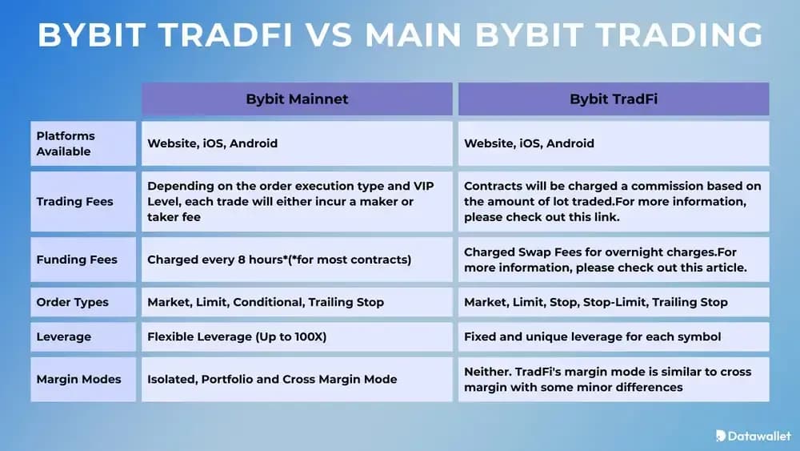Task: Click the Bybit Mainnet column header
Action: click(296, 99)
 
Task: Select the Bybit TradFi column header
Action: click(613, 99)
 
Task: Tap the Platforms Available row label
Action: click(65, 143)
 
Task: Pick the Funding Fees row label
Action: click(76, 260)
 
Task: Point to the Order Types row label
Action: click(72, 302)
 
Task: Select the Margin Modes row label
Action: click(78, 379)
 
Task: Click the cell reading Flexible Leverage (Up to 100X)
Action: click(237, 336)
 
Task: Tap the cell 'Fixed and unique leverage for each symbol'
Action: click(592, 336)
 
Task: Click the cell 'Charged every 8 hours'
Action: click(278, 260)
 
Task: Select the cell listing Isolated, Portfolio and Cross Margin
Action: click(272, 379)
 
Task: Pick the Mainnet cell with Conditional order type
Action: click(266, 302)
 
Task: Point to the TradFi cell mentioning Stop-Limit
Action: click(596, 302)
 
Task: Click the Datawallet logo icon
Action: click(721, 435)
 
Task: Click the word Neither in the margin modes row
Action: click(486, 371)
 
